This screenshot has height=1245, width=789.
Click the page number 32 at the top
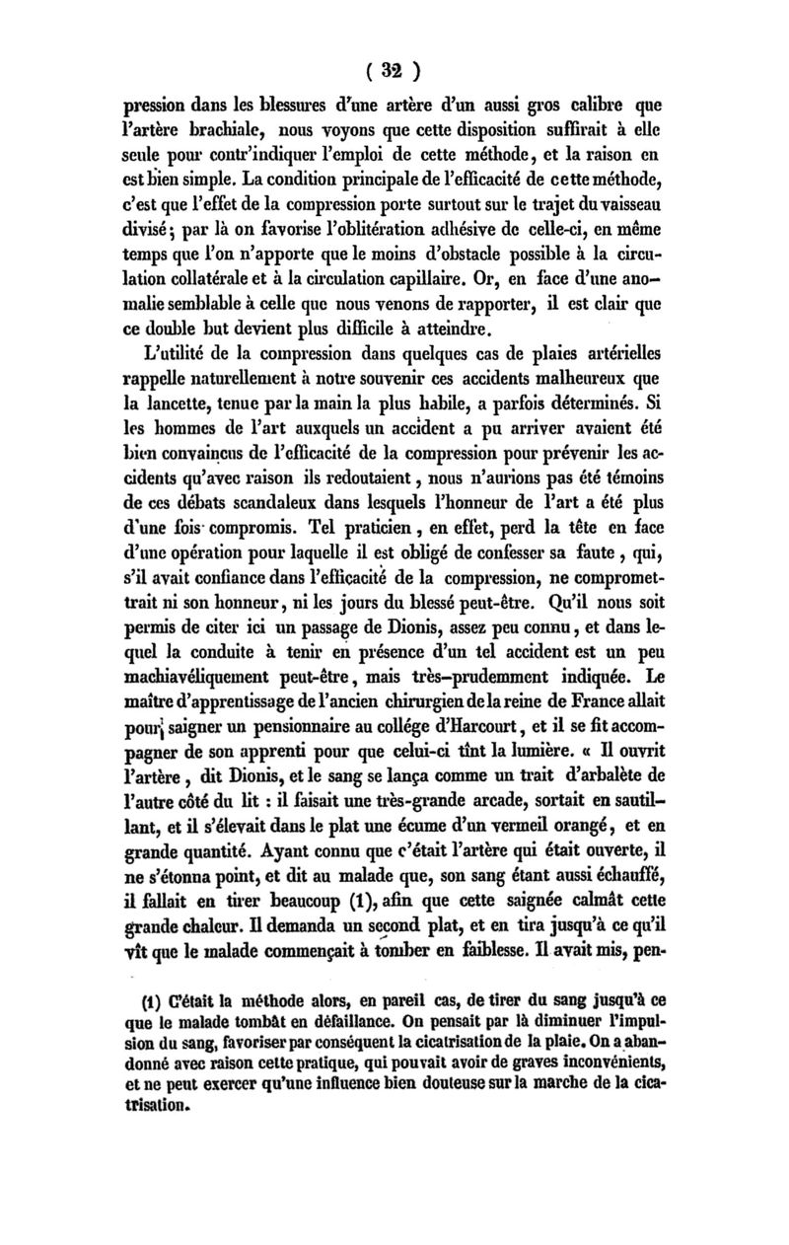click(x=395, y=71)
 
